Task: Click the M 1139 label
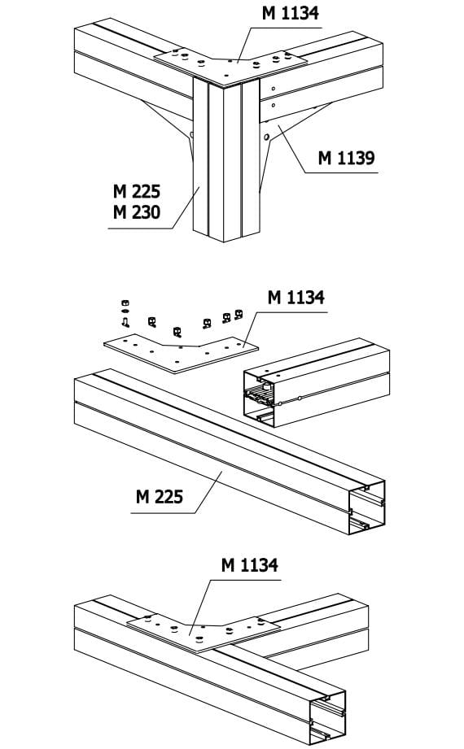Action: click(346, 158)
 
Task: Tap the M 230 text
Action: click(136, 212)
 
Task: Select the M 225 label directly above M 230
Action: click(136, 192)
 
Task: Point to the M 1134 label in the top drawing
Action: click(290, 13)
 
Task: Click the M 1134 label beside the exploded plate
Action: click(295, 297)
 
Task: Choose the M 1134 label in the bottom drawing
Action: click(249, 565)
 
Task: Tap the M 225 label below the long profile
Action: click(160, 497)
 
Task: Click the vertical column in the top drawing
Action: click(226, 160)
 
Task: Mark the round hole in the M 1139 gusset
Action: click(266, 137)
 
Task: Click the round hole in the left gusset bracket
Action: click(191, 136)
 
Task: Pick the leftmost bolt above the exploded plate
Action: click(125, 313)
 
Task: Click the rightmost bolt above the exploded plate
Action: click(239, 314)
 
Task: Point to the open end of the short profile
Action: click(259, 398)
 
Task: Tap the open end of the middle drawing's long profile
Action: click(367, 507)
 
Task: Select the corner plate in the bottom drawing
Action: click(204, 632)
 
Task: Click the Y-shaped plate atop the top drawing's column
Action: click(230, 66)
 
